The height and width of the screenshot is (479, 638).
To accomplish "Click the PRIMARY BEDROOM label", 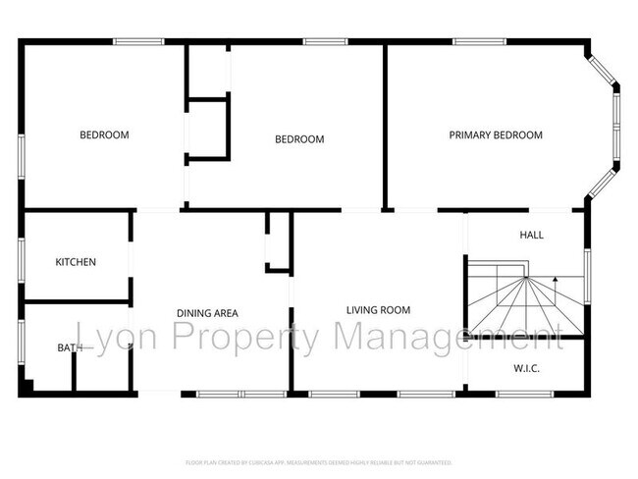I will click(496, 135).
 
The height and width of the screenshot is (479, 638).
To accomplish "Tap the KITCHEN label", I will click(76, 262).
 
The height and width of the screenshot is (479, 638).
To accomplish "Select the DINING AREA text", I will click(207, 314).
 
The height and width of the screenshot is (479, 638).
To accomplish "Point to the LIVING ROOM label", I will click(378, 310).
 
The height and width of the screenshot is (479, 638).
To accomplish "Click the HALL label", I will click(531, 236).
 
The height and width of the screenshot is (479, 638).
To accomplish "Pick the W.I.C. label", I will click(527, 368).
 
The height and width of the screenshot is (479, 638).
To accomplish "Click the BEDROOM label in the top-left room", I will click(104, 135).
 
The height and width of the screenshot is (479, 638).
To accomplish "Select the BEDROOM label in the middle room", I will click(298, 139).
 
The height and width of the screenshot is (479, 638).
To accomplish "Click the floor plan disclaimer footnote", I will click(318, 461).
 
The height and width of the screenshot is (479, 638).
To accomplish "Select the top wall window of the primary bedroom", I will click(480, 41).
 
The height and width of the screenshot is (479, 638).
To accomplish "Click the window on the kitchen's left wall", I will click(22, 262).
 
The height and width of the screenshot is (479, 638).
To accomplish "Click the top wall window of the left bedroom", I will click(137, 41).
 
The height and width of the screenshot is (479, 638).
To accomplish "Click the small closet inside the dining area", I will click(279, 241).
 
